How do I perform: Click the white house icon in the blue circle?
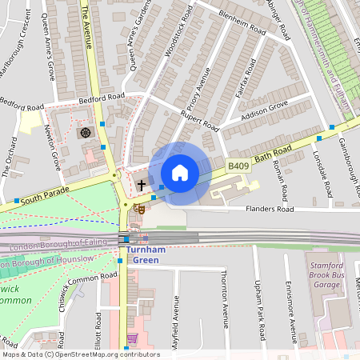(x=180, y=173)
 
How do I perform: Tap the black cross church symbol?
(x=142, y=185)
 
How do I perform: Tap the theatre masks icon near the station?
(x=139, y=207)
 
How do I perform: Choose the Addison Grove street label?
(x=265, y=113)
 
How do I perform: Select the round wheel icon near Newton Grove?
(x=86, y=132)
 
